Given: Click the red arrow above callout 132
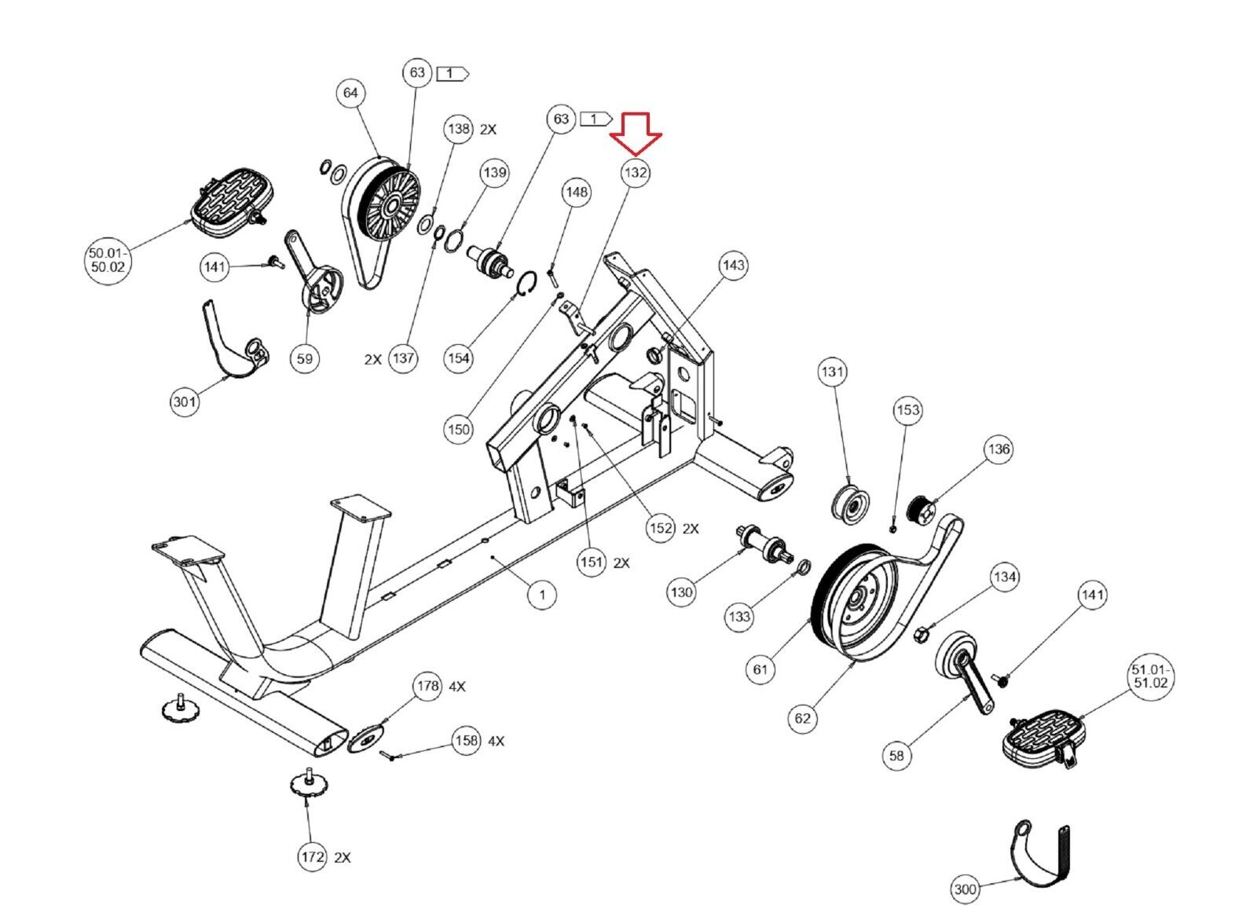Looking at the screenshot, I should (636, 133).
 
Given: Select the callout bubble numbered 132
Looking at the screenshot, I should (636, 172).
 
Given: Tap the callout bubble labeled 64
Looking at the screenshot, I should (350, 93).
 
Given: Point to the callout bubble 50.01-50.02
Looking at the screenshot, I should (108, 259).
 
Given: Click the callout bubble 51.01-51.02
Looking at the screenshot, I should (1150, 676).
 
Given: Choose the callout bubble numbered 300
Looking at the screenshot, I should (965, 889).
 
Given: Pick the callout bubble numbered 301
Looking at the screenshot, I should (185, 401).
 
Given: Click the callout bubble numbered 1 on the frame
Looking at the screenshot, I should (541, 594).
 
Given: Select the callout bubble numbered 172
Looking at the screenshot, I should (313, 856).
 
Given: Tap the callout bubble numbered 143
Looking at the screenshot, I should (733, 265).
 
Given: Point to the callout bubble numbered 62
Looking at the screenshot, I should (802, 717).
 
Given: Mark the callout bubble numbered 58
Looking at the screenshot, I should (896, 755).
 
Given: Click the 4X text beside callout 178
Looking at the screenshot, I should (456, 687).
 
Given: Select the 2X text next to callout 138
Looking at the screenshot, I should (488, 129).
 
